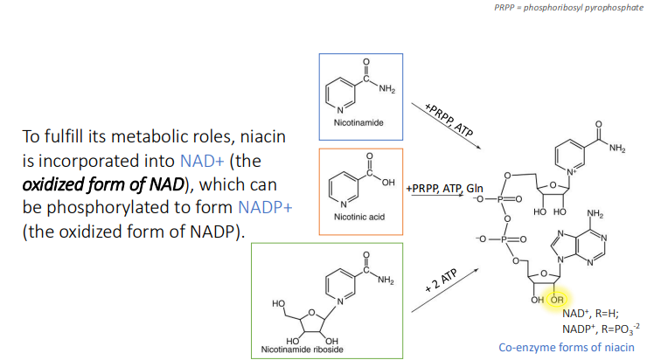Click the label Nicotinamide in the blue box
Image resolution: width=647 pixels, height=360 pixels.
tap(358, 124)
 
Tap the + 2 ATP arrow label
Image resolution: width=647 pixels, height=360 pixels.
tap(442, 279)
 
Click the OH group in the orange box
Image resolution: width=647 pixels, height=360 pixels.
tap(388, 180)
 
